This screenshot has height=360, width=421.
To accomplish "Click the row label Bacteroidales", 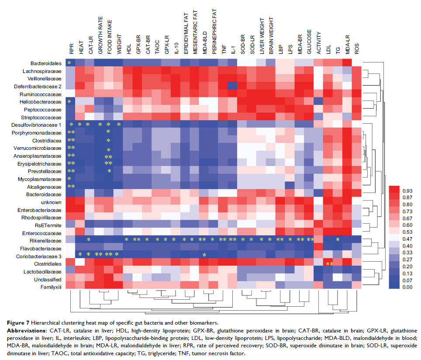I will (x=49, y=62).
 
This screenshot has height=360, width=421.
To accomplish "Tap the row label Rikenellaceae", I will (x=48, y=240).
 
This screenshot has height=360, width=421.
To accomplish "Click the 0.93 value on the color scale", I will (x=406, y=190).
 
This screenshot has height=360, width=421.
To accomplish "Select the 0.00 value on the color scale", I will (x=406, y=287).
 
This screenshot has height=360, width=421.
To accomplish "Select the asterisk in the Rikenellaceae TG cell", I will (x=338, y=240).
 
